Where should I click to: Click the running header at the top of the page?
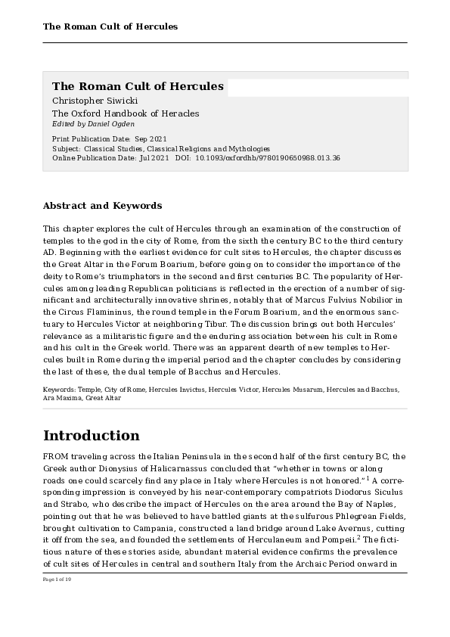pos(110,27)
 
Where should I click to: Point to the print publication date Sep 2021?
pos(151,140)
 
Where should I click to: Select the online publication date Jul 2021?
pos(154,158)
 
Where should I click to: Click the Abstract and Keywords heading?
pos(102,206)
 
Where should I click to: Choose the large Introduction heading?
pos(92,436)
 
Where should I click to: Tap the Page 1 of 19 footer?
pos(57,579)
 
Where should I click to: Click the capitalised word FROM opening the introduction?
pos(57,455)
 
